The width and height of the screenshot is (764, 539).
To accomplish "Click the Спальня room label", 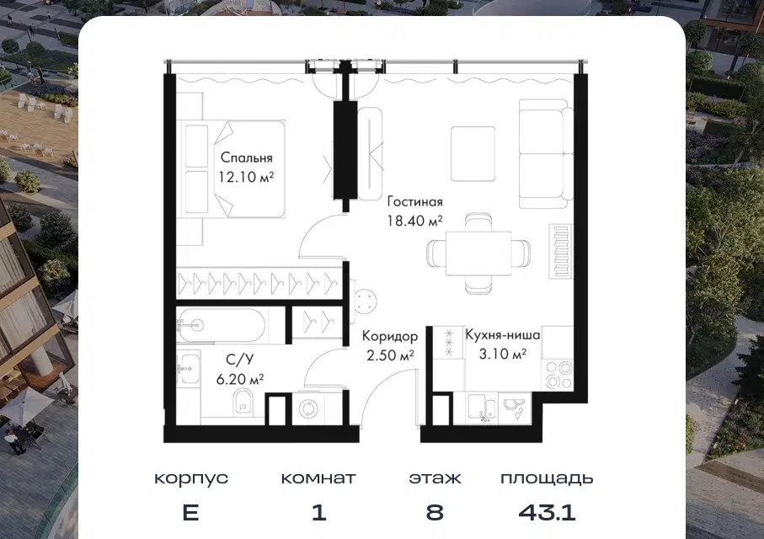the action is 247,157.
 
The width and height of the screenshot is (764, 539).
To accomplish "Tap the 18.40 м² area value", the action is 414,221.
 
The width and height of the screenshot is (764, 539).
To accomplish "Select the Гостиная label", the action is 414,201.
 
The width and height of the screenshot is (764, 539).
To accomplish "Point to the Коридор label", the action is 390,336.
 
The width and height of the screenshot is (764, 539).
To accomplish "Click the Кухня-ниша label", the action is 502,335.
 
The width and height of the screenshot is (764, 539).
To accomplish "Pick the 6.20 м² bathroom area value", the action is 240,379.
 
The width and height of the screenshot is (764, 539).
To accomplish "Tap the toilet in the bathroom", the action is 243,404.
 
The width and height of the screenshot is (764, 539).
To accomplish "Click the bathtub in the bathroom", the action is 222,326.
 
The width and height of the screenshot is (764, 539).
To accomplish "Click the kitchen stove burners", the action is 558,375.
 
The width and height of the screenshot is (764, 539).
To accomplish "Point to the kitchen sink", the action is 482,408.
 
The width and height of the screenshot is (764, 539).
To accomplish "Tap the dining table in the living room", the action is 478,253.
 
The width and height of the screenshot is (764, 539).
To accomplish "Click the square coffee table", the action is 473,154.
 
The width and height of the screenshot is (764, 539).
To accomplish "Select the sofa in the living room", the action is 546,154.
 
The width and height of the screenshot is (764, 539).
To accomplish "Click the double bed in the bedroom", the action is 234,168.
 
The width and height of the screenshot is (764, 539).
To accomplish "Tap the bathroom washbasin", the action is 188,368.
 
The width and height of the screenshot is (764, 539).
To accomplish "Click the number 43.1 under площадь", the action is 547,512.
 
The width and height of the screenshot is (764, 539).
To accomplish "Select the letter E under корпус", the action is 190,512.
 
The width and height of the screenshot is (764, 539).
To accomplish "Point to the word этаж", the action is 435,478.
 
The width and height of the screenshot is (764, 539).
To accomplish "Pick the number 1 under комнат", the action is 318,512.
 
